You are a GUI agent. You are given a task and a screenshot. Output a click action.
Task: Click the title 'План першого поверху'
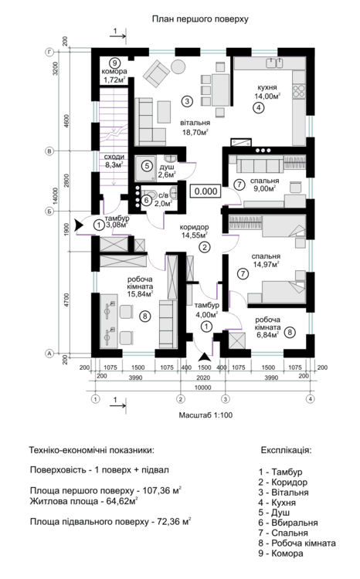200,19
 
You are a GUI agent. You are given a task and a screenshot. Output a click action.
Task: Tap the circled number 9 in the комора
114,63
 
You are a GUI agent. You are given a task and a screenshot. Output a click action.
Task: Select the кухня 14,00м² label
267,93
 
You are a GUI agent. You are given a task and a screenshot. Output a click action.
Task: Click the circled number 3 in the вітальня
188,101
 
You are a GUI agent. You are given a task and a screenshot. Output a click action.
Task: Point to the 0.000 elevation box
205,191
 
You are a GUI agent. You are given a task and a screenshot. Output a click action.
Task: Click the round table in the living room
178,66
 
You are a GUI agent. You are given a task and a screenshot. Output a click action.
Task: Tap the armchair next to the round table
157,72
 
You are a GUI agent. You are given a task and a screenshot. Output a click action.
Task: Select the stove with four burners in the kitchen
299,91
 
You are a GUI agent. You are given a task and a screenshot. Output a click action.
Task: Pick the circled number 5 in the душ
147,166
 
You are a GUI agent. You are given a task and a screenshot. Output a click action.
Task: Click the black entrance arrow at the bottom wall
204,357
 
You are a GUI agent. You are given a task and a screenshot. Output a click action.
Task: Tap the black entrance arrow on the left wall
78,225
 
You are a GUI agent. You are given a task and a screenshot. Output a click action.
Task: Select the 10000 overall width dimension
203,388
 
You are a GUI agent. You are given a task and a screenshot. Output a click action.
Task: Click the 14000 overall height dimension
56,201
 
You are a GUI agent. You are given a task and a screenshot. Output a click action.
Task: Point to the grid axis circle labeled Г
49,52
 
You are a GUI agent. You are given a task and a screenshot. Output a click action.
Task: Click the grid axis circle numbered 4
311,399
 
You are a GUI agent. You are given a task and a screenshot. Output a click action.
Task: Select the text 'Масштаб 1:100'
205,415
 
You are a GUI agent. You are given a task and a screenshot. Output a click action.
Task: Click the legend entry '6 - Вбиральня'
288,523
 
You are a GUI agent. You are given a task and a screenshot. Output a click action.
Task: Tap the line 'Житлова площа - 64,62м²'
84,501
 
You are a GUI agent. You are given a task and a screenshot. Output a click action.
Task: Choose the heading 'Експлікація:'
287,451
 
